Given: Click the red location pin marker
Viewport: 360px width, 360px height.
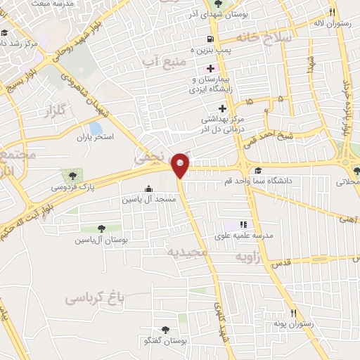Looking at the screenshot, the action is click(181, 165).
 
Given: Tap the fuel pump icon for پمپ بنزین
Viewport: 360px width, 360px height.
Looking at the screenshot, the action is click(210, 39).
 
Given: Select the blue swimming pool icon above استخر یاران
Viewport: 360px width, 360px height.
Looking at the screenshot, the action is click(95, 128).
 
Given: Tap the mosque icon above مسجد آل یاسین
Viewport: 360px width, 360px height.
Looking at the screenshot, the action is click(148, 189).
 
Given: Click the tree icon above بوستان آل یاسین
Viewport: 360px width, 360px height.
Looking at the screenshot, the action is click(101, 229).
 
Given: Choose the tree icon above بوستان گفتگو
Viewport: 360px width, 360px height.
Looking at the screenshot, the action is click(166, 329).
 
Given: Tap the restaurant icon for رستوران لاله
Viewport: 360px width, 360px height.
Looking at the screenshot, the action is click(331, 13).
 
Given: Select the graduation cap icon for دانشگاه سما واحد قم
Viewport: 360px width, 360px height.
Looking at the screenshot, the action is click(259, 171).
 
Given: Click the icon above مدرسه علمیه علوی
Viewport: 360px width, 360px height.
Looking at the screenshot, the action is click(244, 224).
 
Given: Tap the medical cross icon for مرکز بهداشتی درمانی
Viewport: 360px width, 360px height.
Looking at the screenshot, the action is click(223, 108).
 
